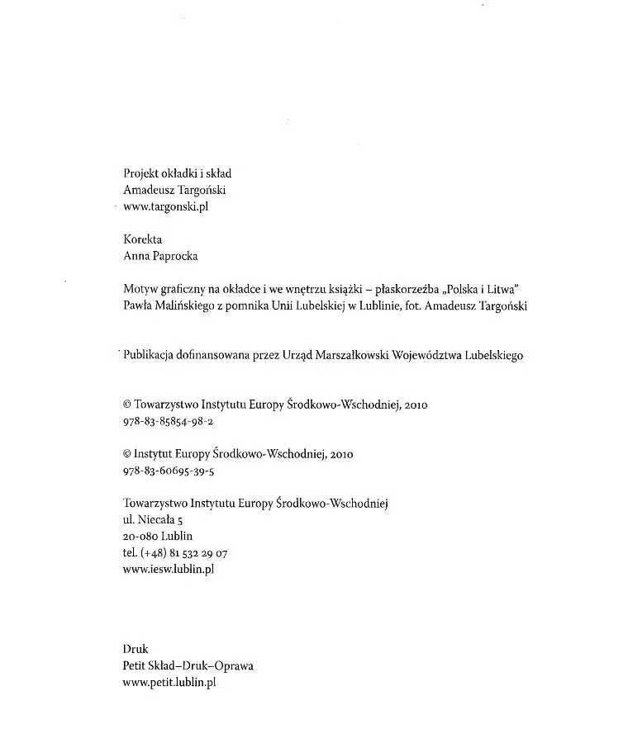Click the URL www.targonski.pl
(165, 206)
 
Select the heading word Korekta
(142, 239)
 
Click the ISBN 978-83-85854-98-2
(168, 421)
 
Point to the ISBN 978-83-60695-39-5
(168, 471)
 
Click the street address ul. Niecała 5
(152, 519)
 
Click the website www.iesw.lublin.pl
(168, 569)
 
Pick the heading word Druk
(135, 650)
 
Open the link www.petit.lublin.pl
(169, 683)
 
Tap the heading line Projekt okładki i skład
(177, 173)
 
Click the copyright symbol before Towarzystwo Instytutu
(127, 405)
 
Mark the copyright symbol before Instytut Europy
(127, 454)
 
